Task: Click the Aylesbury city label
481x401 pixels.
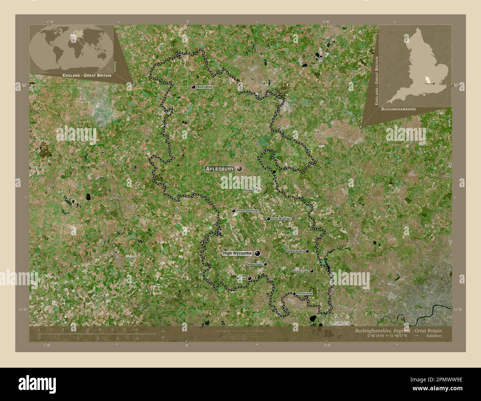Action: tap(220, 169)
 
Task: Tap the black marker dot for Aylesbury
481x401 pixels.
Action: tap(239, 169)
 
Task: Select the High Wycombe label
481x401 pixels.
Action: tap(237, 253)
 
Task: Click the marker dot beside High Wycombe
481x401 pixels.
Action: tap(257, 253)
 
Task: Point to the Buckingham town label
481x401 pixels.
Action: tap(205, 87)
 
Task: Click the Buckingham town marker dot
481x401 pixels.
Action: tap(194, 87)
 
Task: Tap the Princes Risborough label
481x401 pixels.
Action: tap(248, 211)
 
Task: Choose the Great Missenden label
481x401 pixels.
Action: tap(282, 219)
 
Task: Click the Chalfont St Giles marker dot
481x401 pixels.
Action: tap(307, 251)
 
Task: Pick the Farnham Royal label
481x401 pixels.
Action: tap(305, 293)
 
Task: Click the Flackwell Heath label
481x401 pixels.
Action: tap(254, 264)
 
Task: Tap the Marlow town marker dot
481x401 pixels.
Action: tap(249, 278)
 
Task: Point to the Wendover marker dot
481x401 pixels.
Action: tap(259, 190)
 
